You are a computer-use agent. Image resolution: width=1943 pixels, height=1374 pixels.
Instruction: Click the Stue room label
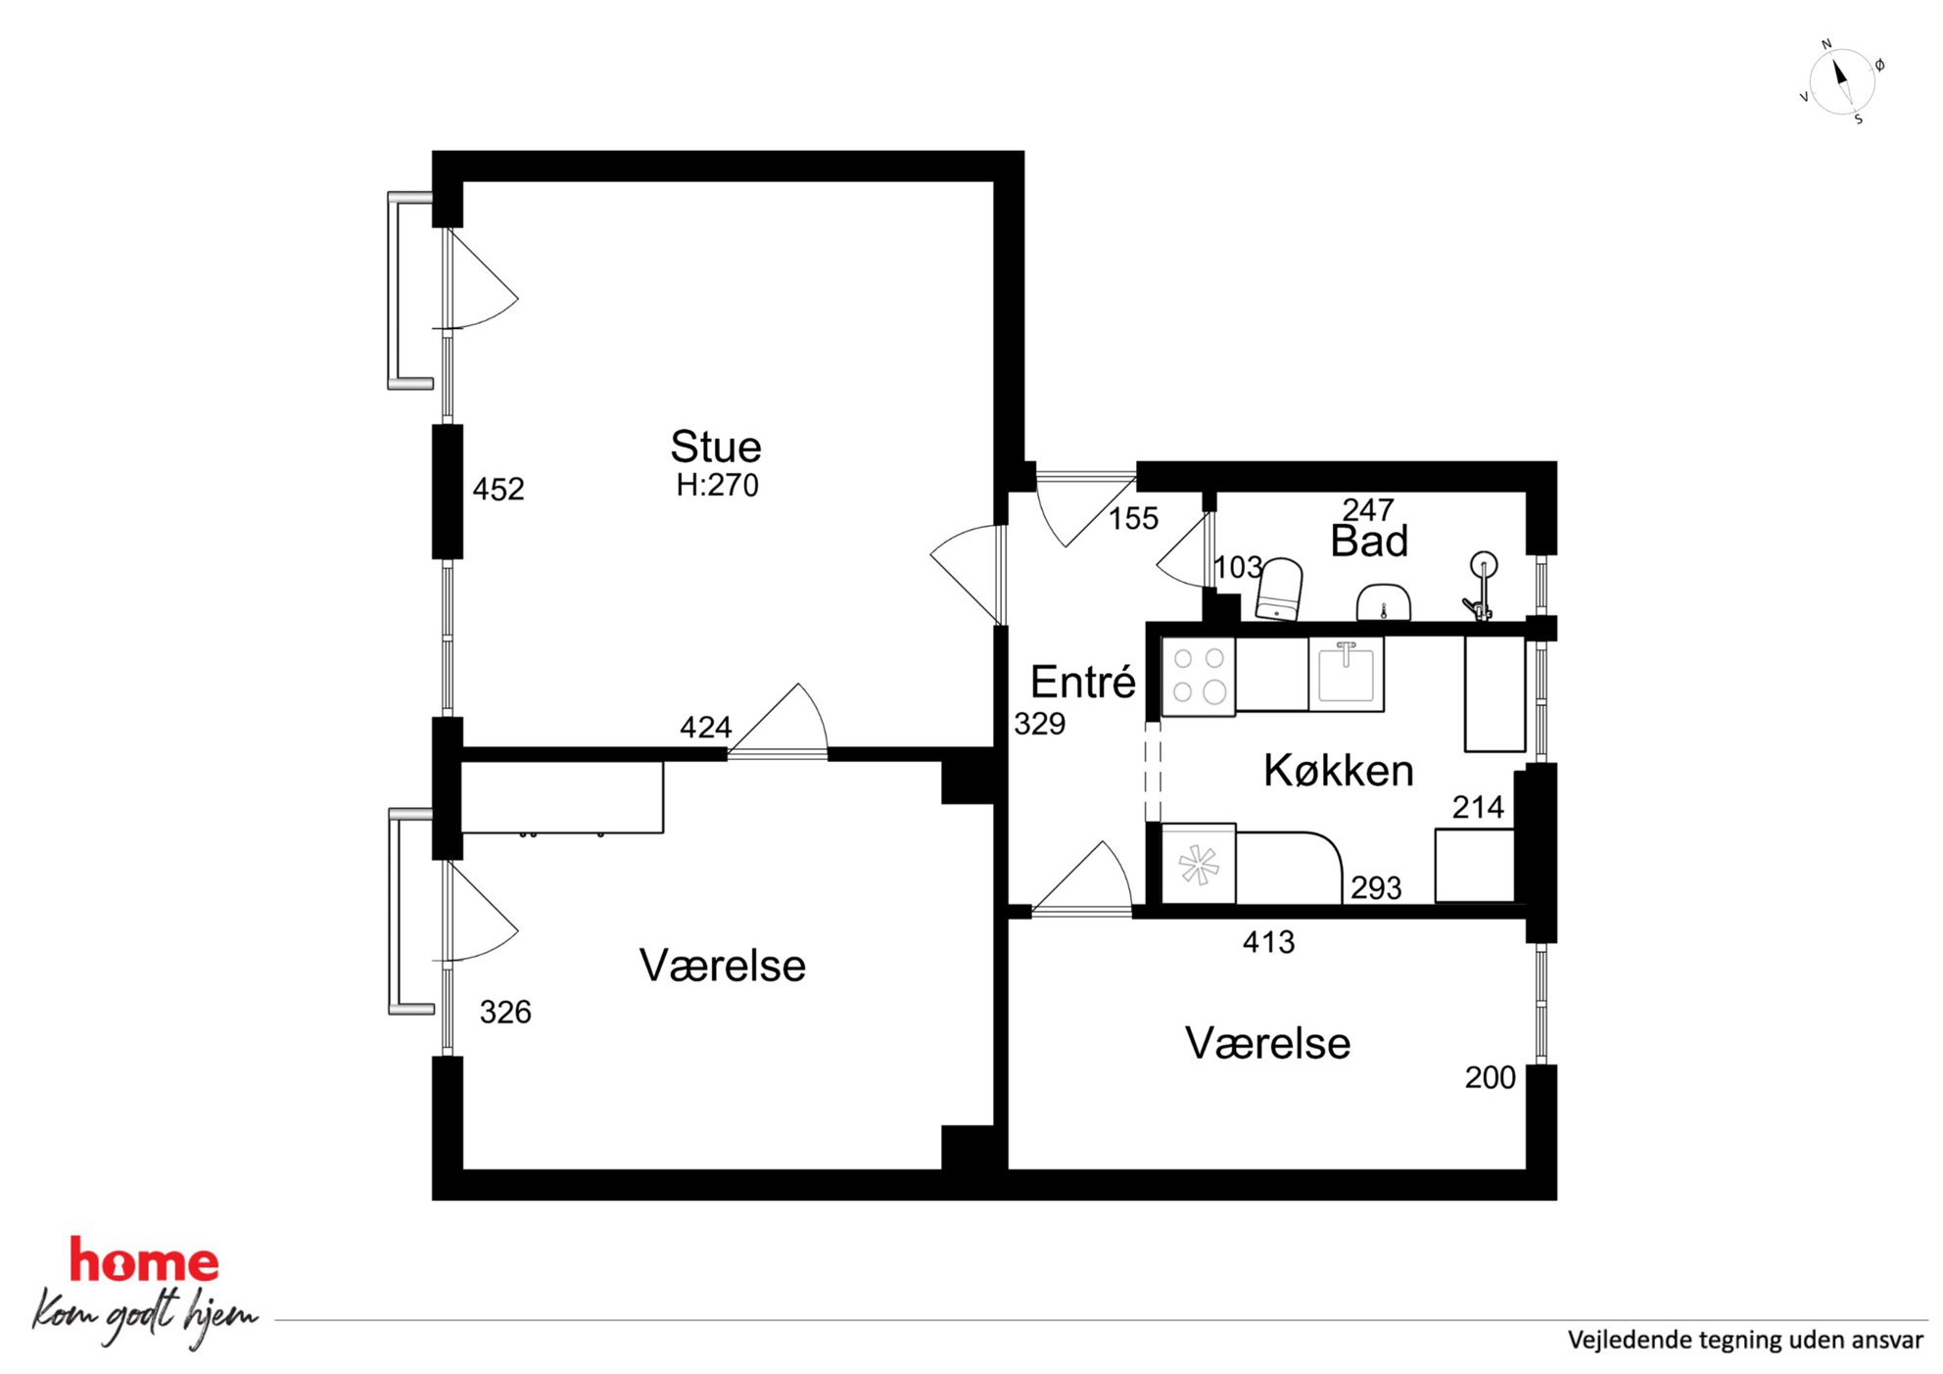tap(716, 447)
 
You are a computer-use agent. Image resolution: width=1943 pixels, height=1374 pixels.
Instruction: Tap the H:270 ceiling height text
tap(717, 485)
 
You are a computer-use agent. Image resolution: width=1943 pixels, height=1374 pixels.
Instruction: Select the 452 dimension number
tap(498, 489)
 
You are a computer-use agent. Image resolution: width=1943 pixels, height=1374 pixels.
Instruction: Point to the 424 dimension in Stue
tap(705, 727)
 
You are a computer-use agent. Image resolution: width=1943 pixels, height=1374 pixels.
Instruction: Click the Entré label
tap(1083, 682)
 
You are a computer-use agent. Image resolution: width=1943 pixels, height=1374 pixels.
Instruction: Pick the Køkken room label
tap(1339, 771)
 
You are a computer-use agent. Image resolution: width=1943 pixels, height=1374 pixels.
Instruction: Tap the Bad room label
tap(1369, 541)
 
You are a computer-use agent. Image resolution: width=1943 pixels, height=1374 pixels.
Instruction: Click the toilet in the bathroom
tap(1280, 589)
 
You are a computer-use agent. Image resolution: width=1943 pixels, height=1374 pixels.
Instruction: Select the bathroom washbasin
tap(1383, 601)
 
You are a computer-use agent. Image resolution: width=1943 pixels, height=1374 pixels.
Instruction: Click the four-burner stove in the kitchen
tap(1199, 676)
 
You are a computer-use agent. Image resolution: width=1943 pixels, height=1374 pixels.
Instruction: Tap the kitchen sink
tap(1347, 673)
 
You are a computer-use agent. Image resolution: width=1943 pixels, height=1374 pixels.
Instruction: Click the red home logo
tap(144, 1261)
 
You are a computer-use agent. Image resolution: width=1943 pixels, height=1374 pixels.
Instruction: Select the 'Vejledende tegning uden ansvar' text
tap(1745, 1340)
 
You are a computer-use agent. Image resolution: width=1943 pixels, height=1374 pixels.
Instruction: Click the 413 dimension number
tap(1268, 942)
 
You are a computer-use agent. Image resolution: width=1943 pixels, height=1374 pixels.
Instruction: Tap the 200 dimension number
tap(1490, 1077)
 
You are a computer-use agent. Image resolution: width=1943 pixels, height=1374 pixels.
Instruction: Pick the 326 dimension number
tap(505, 1012)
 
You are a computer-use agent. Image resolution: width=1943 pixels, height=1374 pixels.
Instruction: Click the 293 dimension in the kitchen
tap(1376, 887)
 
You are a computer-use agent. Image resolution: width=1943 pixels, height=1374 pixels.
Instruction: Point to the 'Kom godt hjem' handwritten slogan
tap(145, 1317)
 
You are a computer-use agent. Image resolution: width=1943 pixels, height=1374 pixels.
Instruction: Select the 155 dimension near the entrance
tap(1133, 518)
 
